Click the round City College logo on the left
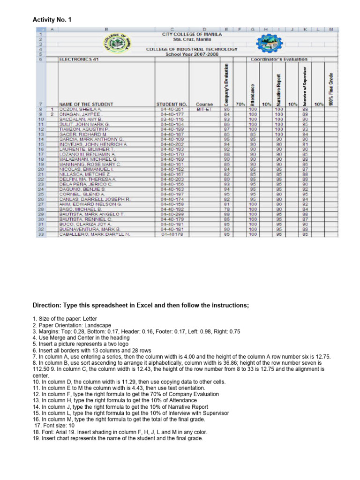[x=117, y=45]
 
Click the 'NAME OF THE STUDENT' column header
[x=86, y=104]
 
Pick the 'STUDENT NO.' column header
[x=172, y=104]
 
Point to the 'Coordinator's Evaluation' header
[x=279, y=60]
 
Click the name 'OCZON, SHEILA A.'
[x=78, y=109]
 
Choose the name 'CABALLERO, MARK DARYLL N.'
[x=94, y=234]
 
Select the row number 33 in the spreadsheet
[x=40, y=234]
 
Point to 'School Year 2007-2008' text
[x=192, y=54]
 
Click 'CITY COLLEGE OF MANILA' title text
[x=192, y=35]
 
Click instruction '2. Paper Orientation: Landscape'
[x=72, y=325]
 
